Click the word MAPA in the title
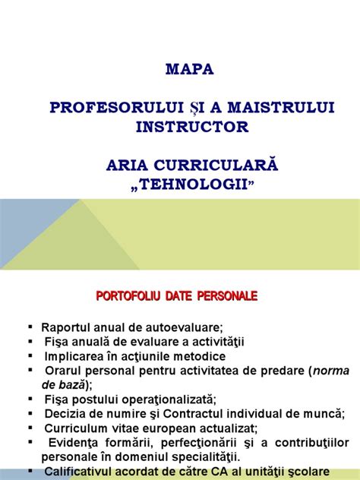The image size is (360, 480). pyautogui.click(x=190, y=69)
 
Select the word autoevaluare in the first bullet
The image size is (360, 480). pyautogui.click(x=187, y=327)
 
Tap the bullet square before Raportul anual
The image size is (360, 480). pyautogui.click(x=30, y=327)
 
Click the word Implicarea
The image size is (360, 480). pyautogui.click(x=74, y=355)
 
